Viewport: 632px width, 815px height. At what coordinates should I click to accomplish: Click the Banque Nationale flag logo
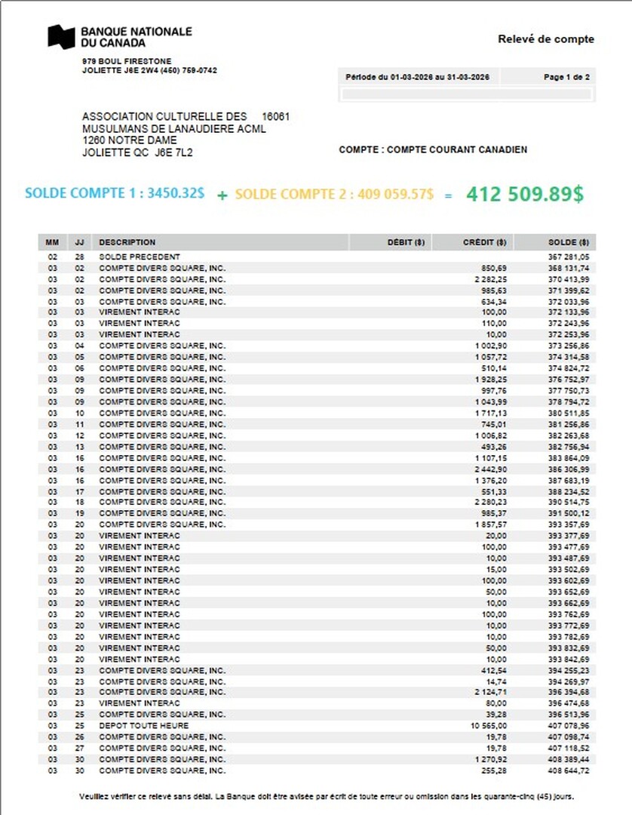point(61,36)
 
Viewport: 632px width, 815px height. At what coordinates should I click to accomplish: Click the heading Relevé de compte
point(545,39)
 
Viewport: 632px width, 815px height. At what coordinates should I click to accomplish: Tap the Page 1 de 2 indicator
point(566,77)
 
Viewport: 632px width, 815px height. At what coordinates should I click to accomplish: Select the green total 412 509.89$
point(524,193)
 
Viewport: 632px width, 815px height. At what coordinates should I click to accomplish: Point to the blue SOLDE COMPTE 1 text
point(114,193)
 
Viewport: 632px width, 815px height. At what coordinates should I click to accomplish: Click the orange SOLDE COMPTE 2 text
point(334,194)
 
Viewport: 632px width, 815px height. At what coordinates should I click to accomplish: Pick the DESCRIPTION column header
point(127,242)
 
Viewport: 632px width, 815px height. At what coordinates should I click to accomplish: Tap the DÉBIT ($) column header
point(406,242)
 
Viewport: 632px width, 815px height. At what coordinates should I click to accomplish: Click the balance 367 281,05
point(569,257)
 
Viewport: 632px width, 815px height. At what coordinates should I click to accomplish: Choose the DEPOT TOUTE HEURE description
point(144,725)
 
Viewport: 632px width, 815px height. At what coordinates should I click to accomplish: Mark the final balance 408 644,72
point(569,770)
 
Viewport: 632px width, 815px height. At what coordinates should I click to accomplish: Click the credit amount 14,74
point(497,681)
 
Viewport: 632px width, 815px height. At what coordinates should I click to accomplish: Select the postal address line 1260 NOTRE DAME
point(130,140)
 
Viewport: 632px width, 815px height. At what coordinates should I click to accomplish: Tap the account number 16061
point(276,116)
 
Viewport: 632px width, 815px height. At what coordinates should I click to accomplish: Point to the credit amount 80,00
point(497,703)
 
